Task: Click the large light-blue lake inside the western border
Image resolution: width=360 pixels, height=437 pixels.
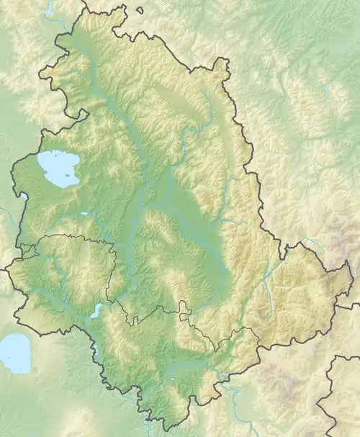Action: tap(57, 167)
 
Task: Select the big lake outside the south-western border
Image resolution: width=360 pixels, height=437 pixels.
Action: tap(14, 353)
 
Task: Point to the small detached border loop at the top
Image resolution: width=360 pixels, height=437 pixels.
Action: tap(139, 10)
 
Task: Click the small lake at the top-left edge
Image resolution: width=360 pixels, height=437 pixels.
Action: tap(49, 10)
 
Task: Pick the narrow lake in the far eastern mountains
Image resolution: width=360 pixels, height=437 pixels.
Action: tap(326, 91)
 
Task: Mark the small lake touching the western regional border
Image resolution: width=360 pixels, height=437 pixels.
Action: tap(24, 196)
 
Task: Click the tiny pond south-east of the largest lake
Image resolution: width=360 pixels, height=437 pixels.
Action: tap(84, 214)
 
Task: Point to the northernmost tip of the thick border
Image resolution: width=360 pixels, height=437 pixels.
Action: tap(84, 3)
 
